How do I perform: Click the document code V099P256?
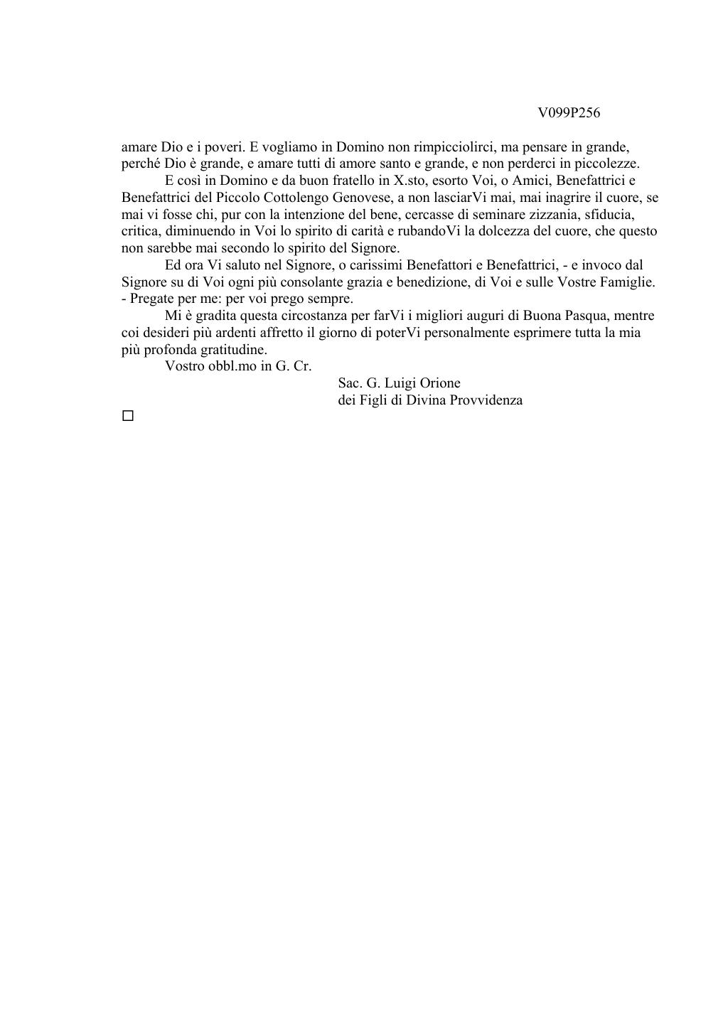tap(569, 113)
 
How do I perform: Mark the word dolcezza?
tap(508, 231)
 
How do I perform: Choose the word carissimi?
tap(375, 265)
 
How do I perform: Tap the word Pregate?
tap(153, 299)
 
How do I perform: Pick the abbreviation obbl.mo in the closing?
tap(230, 366)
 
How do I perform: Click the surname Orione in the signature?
tap(441, 383)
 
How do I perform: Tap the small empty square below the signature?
tap(128, 416)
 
